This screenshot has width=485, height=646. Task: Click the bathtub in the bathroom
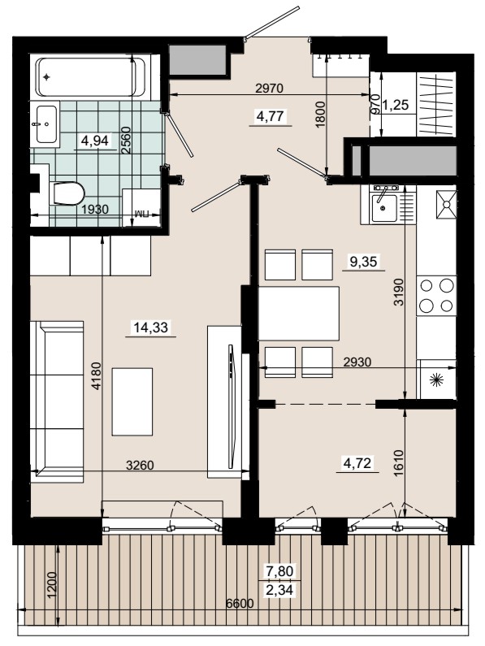tap(91, 77)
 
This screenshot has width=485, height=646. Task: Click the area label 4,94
tap(95, 141)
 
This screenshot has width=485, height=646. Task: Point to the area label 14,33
tap(151, 327)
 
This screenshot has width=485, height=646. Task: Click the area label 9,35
tap(363, 261)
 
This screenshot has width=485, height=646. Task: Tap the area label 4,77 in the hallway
tap(270, 116)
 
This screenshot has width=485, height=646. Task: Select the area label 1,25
tap(396, 105)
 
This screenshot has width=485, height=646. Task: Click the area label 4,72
tap(357, 462)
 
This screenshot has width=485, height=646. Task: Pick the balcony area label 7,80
tap(279, 571)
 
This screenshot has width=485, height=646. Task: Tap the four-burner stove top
tap(436, 296)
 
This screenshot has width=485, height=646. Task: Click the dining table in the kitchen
tap(299, 314)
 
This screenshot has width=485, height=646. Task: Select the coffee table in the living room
tap(132, 401)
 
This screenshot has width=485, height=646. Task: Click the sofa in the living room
tap(57, 401)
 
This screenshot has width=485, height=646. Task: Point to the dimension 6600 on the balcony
tap(240, 604)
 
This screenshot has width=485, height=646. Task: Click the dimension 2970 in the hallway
tap(270, 89)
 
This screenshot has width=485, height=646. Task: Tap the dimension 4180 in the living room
tap(96, 375)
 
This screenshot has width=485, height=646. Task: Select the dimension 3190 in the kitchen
tap(398, 292)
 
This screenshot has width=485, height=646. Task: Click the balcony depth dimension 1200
tap(52, 585)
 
